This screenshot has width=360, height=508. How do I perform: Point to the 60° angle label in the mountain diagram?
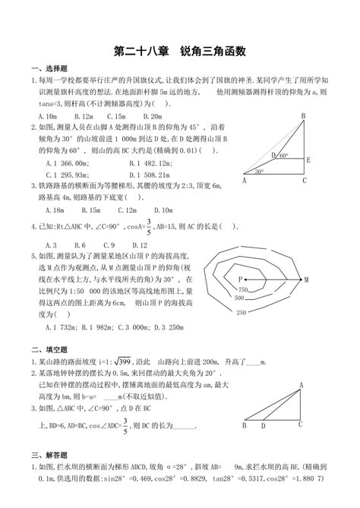pyautogui.click(x=284, y=156)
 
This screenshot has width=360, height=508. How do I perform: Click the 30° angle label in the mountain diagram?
pyautogui.click(x=259, y=172)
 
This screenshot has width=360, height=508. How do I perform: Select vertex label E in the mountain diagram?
pyautogui.click(x=308, y=160)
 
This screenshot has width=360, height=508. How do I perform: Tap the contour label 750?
pyautogui.click(x=243, y=290)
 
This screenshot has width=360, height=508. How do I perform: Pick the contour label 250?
pyautogui.click(x=240, y=311)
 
